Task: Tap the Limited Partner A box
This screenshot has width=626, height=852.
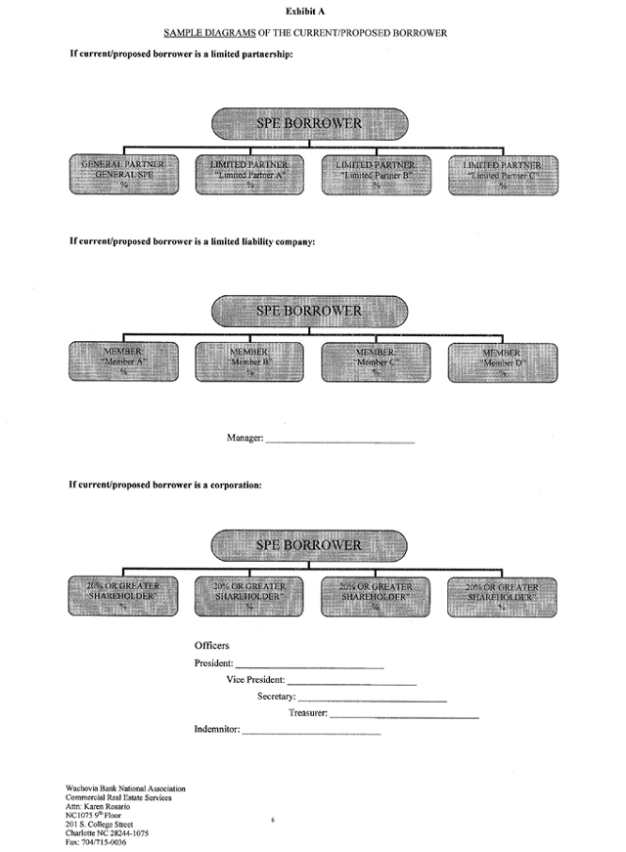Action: point(252,173)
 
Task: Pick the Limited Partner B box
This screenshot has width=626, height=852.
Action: point(377,173)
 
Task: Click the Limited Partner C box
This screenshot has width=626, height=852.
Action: point(502,173)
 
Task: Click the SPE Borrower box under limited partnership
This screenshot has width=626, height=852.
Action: point(309,124)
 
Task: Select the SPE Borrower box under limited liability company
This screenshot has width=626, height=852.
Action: point(309,312)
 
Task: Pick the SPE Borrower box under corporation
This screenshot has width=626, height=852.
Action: point(309,545)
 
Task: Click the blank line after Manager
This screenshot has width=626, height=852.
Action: point(339,442)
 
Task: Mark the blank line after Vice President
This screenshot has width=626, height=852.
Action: point(352,682)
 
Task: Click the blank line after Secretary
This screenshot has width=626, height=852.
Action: point(372,700)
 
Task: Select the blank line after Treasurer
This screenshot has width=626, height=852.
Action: point(404,716)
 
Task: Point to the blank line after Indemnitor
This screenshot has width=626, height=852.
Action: point(311,732)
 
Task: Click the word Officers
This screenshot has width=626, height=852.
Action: point(212,646)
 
